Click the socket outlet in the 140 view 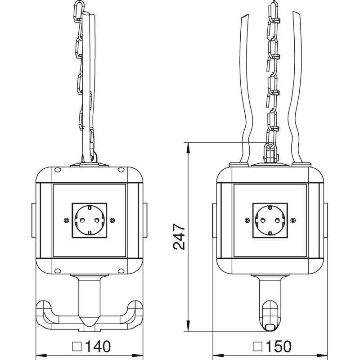pos(89,220)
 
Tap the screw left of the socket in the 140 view pos(66,220)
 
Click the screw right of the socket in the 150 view pos(293,220)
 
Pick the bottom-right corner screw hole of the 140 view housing pos(121,270)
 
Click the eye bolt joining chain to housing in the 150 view pos(270,151)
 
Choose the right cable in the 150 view pos(297,90)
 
